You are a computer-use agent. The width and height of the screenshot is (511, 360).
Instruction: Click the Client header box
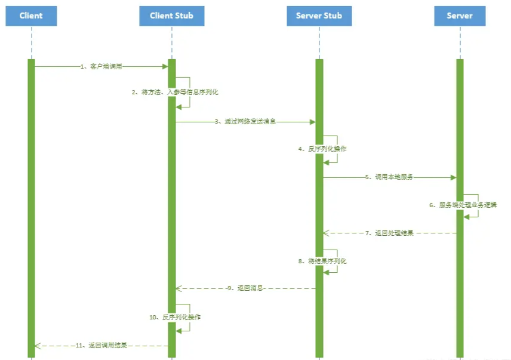pyautogui.click(x=31, y=16)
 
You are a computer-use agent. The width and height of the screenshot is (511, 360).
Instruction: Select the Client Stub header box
pyautogui.click(x=172, y=16)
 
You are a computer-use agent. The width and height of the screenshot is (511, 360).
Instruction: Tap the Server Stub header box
pyautogui.click(x=319, y=16)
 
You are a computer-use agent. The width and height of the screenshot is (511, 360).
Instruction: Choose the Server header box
pyautogui.click(x=460, y=16)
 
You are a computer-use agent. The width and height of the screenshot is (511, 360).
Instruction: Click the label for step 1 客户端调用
pyautogui.click(x=101, y=67)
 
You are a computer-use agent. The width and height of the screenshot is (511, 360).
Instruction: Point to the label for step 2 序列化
pyautogui.click(x=176, y=93)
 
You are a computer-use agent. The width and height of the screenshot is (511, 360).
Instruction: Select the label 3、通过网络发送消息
pyautogui.click(x=245, y=122)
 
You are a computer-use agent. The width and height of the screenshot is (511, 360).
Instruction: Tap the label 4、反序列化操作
pyautogui.click(x=322, y=149)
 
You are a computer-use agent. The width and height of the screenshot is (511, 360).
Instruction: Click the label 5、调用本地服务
pyautogui.click(x=390, y=177)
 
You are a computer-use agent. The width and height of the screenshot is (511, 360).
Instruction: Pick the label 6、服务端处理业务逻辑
pyautogui.click(x=463, y=205)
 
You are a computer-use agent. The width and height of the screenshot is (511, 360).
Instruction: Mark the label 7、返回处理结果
pyautogui.click(x=390, y=233)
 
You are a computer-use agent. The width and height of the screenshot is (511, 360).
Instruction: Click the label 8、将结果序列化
pyautogui.click(x=322, y=261)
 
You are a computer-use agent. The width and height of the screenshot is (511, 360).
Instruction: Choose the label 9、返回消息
pyautogui.click(x=245, y=288)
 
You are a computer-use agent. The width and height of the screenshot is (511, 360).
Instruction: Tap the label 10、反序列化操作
pyautogui.click(x=175, y=317)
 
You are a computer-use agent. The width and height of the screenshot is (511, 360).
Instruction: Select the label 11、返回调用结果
pyautogui.click(x=101, y=345)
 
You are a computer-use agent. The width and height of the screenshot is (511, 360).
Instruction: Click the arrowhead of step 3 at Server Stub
pyautogui.click(x=312, y=122)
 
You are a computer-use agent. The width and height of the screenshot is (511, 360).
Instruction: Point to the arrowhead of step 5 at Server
pyautogui.click(x=453, y=177)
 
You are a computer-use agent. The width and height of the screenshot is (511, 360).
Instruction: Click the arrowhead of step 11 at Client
pyautogui.click(x=38, y=345)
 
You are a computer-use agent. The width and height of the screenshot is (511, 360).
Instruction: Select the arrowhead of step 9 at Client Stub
pyautogui.click(x=178, y=288)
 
